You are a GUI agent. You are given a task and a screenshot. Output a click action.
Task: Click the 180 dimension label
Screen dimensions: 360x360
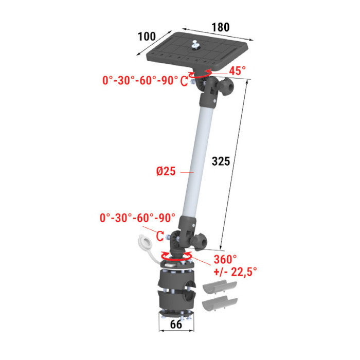pyautogui.click(x=221, y=27)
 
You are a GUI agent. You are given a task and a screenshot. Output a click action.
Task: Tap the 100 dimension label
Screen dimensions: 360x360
pyautogui.click(x=147, y=37)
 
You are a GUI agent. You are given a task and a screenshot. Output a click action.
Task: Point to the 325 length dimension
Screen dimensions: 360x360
pyautogui.click(x=221, y=161)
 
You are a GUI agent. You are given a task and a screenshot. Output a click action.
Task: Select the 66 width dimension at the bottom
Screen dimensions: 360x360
pyautogui.click(x=176, y=325)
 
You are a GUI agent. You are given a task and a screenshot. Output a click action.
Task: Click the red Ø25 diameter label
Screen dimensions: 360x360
pyautogui.click(x=166, y=171)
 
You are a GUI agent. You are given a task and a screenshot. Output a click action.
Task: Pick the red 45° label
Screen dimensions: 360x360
pyautogui.click(x=238, y=71)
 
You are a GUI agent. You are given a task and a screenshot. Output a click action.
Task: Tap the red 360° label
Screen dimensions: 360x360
pyautogui.click(x=225, y=259)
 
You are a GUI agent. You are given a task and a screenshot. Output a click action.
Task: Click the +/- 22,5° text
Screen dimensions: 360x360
pyautogui.click(x=236, y=272)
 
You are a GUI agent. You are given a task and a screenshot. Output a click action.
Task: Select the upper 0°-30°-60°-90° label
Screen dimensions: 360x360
pyautogui.click(x=140, y=80)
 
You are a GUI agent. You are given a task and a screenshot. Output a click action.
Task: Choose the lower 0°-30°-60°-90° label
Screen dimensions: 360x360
pyautogui.click(x=137, y=218)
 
